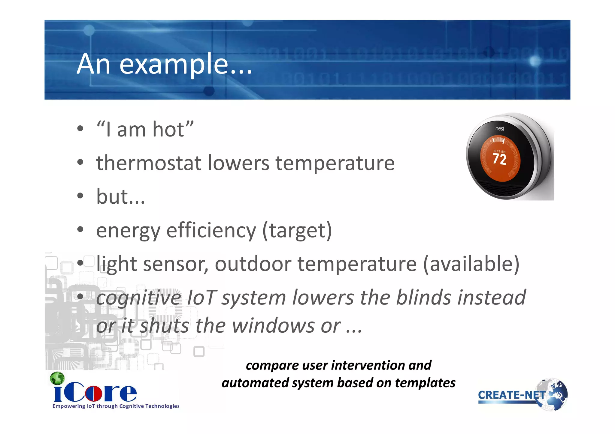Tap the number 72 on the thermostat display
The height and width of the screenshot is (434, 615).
500,159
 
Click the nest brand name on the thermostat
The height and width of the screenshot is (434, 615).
500,129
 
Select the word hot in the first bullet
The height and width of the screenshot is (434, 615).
168,130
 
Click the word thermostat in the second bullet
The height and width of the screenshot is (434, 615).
149,163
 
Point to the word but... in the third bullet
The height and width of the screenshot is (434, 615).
120,197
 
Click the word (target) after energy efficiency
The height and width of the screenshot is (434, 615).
297,230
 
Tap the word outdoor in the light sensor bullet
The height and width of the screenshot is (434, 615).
253,264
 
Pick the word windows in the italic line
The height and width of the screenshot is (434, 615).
273,326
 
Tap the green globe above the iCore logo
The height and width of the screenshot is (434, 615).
57,378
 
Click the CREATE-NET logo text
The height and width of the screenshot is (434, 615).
510,395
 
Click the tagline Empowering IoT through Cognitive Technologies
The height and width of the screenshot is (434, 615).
116,406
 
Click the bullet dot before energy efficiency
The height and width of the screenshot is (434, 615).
80,230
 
